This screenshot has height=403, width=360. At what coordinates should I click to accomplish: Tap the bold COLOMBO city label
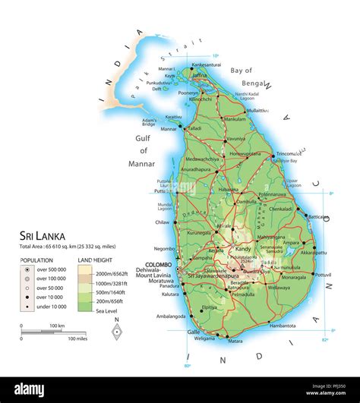[x=159, y=264]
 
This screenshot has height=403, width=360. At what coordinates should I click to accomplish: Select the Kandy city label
[x=243, y=249]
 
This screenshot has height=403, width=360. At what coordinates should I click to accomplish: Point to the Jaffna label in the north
[x=199, y=76]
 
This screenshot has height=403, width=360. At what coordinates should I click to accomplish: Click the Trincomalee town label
[x=292, y=153]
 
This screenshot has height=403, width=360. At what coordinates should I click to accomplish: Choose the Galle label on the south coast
[x=194, y=332]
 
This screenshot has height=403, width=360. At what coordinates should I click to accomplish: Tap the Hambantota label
[x=283, y=325]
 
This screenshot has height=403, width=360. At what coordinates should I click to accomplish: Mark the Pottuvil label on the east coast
[x=323, y=274]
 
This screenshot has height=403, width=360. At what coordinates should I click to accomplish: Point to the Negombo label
[x=164, y=248]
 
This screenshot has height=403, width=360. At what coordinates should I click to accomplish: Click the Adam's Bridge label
[x=150, y=121]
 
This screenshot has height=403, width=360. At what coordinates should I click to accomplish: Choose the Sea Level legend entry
[x=107, y=310]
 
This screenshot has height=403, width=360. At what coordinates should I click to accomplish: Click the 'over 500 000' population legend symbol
[x=27, y=269]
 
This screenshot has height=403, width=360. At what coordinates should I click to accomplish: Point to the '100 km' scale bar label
[x=57, y=326]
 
